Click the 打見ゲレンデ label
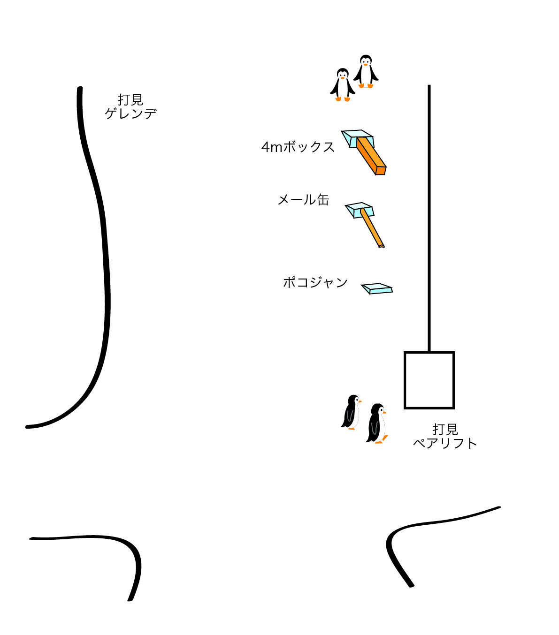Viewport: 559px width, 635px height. pyautogui.click(x=130, y=106)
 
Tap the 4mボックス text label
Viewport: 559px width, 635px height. pyautogui.click(x=298, y=147)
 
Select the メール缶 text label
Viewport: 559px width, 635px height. pyautogui.click(x=303, y=200)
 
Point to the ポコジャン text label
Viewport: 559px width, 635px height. pyautogui.click(x=315, y=282)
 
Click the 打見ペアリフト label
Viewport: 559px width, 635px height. pyautogui.click(x=444, y=436)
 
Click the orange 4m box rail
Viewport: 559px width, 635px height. pyautogui.click(x=371, y=156)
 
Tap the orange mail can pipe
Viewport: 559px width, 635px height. pyautogui.click(x=372, y=228)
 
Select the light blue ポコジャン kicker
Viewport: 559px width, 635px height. pyautogui.click(x=377, y=288)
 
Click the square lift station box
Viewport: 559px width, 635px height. pyautogui.click(x=429, y=380)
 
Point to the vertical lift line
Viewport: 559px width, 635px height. pyautogui.click(x=429, y=218)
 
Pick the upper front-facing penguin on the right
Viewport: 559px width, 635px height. pyautogui.click(x=366, y=71)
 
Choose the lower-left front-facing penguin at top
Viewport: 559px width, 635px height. pyautogui.click(x=343, y=84)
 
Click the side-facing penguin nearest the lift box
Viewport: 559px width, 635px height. pyautogui.click(x=377, y=423)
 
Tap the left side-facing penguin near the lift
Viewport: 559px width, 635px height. pyautogui.click(x=351, y=412)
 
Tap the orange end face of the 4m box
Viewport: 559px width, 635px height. pyautogui.click(x=381, y=171)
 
